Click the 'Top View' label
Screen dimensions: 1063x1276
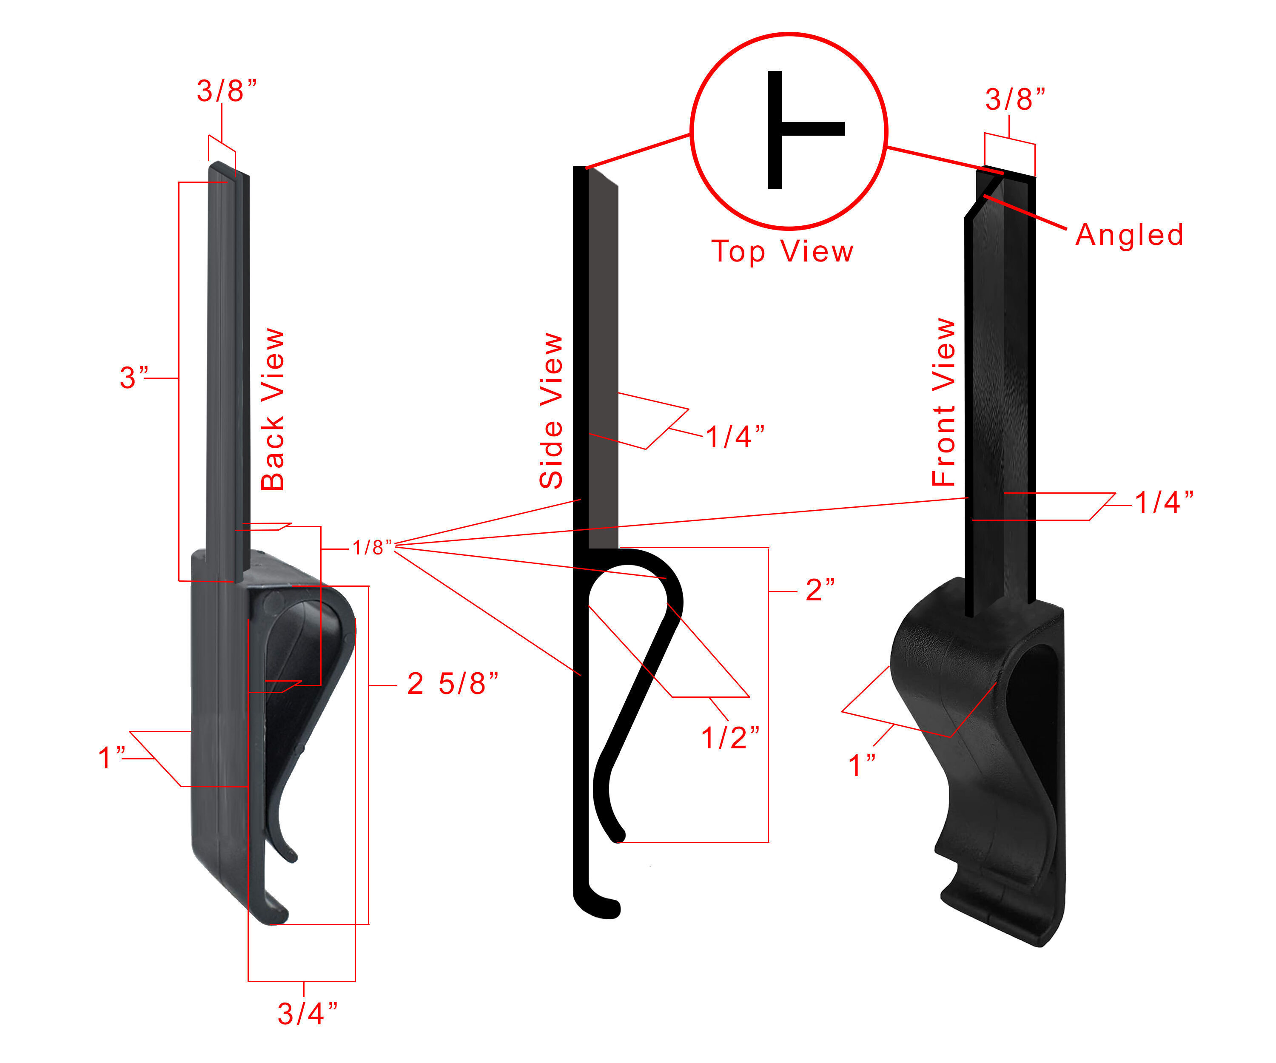[x=782, y=251]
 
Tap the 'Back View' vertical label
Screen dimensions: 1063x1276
[x=273, y=410]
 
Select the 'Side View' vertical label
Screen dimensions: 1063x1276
[x=551, y=411]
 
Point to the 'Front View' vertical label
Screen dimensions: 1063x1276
[x=944, y=402]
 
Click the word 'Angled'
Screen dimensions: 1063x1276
[x=1129, y=235]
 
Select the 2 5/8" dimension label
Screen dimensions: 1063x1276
[x=452, y=684]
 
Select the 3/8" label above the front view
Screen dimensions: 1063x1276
[x=1015, y=99]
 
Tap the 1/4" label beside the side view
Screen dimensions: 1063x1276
[x=734, y=437]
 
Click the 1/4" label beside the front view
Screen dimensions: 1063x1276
[x=1163, y=502]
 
